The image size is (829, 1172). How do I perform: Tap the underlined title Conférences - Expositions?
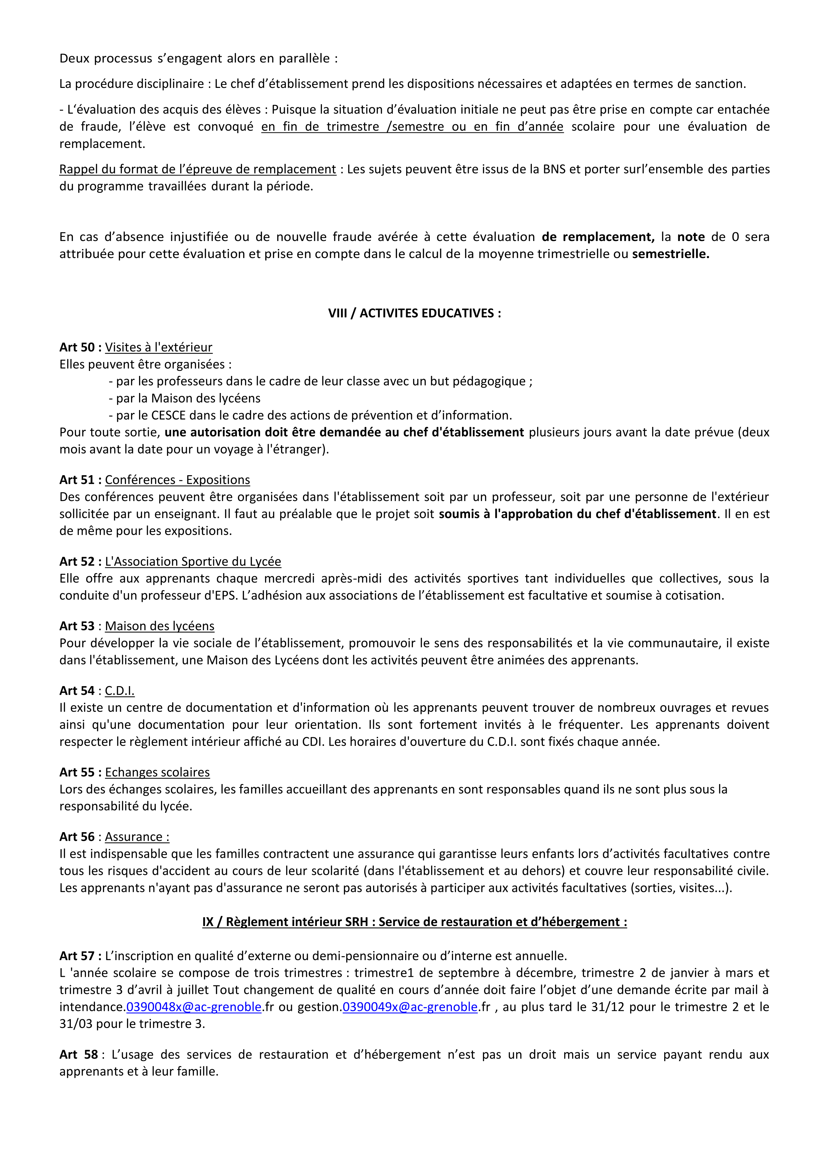click(x=177, y=480)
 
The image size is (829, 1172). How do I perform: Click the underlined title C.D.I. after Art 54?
click(x=119, y=691)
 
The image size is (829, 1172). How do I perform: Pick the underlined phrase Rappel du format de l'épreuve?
click(x=198, y=169)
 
